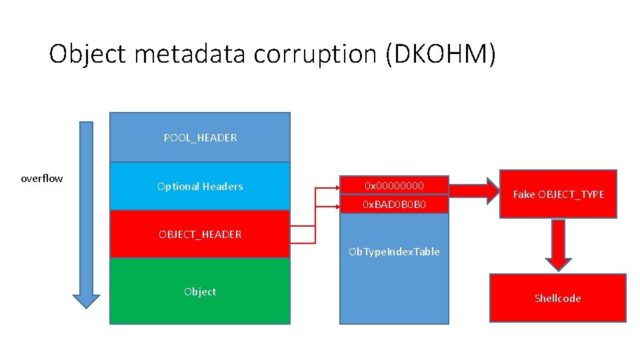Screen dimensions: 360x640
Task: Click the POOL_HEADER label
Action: (x=200, y=138)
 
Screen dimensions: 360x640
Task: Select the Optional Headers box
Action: (x=200, y=187)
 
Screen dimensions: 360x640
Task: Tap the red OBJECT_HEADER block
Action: (x=200, y=234)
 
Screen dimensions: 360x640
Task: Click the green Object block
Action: (x=200, y=291)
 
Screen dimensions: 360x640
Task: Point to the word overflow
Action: (x=42, y=178)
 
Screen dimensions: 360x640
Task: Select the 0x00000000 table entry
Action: (x=394, y=185)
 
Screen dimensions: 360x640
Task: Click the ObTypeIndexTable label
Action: (x=394, y=252)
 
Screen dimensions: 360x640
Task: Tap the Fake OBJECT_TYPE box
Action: (x=558, y=194)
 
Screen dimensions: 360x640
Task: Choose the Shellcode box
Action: (x=557, y=298)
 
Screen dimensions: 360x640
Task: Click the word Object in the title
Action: (x=87, y=53)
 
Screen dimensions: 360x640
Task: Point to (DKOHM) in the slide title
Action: (x=441, y=53)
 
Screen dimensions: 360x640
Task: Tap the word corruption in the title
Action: (x=315, y=53)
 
